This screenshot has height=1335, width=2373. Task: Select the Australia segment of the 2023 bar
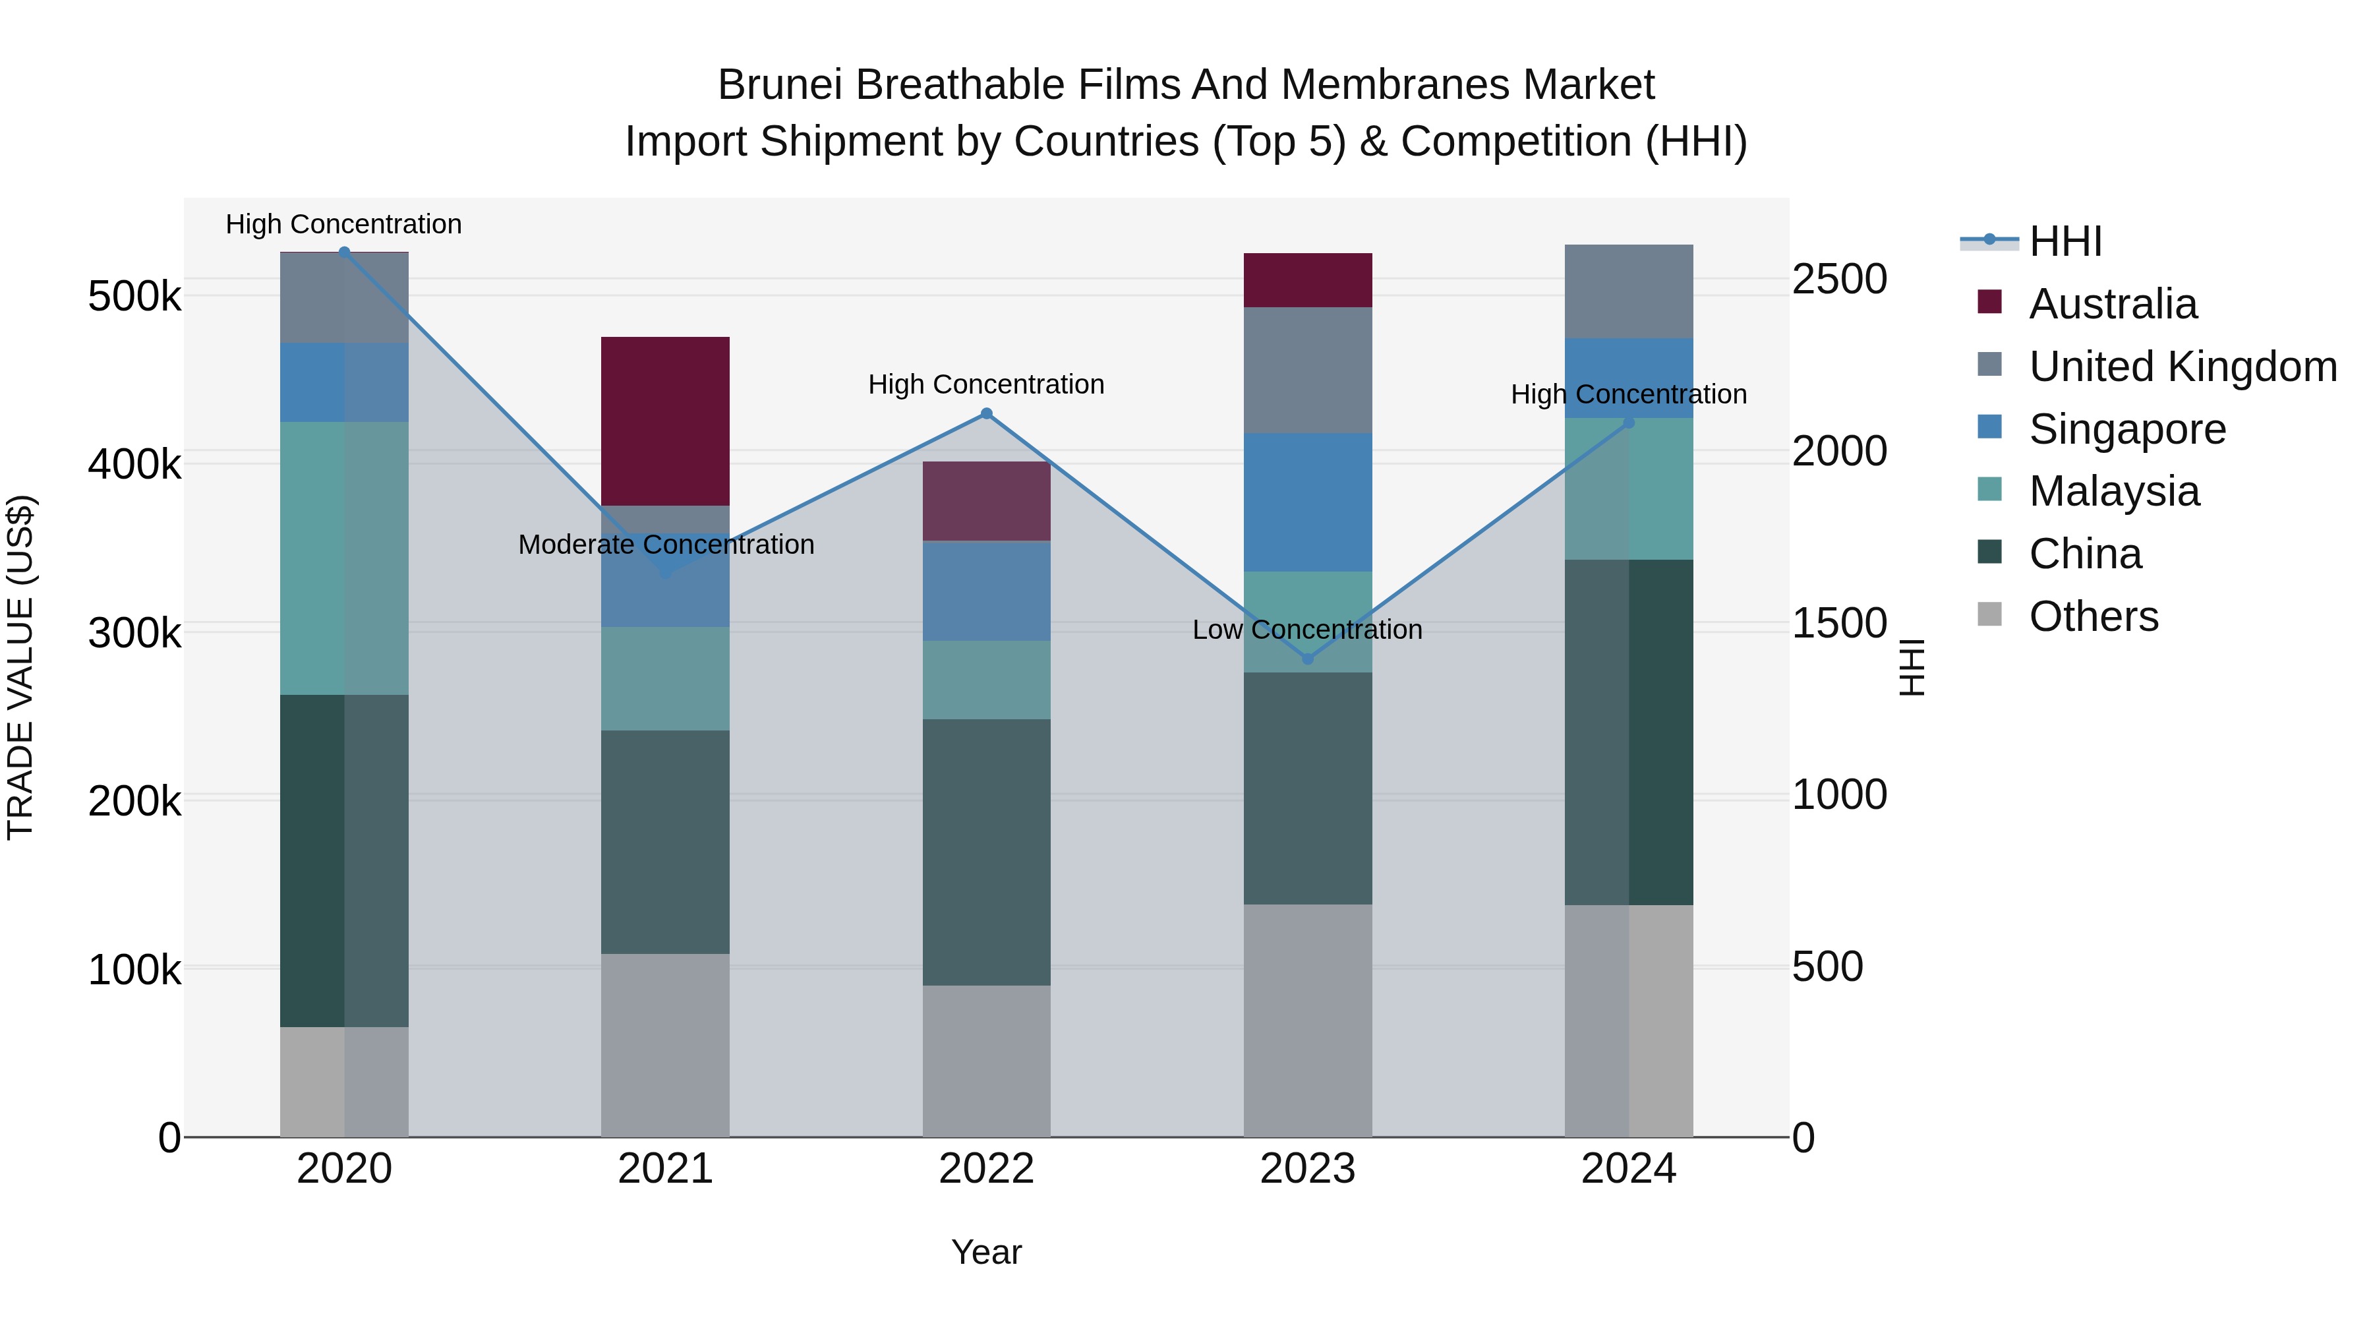[1307, 280]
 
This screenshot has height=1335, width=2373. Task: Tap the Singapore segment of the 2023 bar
[1307, 502]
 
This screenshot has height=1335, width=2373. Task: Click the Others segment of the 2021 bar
[665, 1045]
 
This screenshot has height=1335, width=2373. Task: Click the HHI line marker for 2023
[1307, 659]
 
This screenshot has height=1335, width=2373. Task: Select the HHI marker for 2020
[345, 252]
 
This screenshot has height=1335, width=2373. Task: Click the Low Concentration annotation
[1306, 630]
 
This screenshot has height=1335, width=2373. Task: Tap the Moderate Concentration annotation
[666, 545]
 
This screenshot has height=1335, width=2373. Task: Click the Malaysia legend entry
[2113, 491]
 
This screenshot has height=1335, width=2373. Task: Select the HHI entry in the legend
[2065, 241]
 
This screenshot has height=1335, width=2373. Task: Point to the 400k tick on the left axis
[134, 464]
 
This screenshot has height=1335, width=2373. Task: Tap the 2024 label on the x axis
[1627, 1169]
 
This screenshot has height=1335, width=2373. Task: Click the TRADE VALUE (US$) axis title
[20, 667]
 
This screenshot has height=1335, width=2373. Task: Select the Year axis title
[985, 1252]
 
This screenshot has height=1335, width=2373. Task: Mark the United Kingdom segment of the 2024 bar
[1627, 291]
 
